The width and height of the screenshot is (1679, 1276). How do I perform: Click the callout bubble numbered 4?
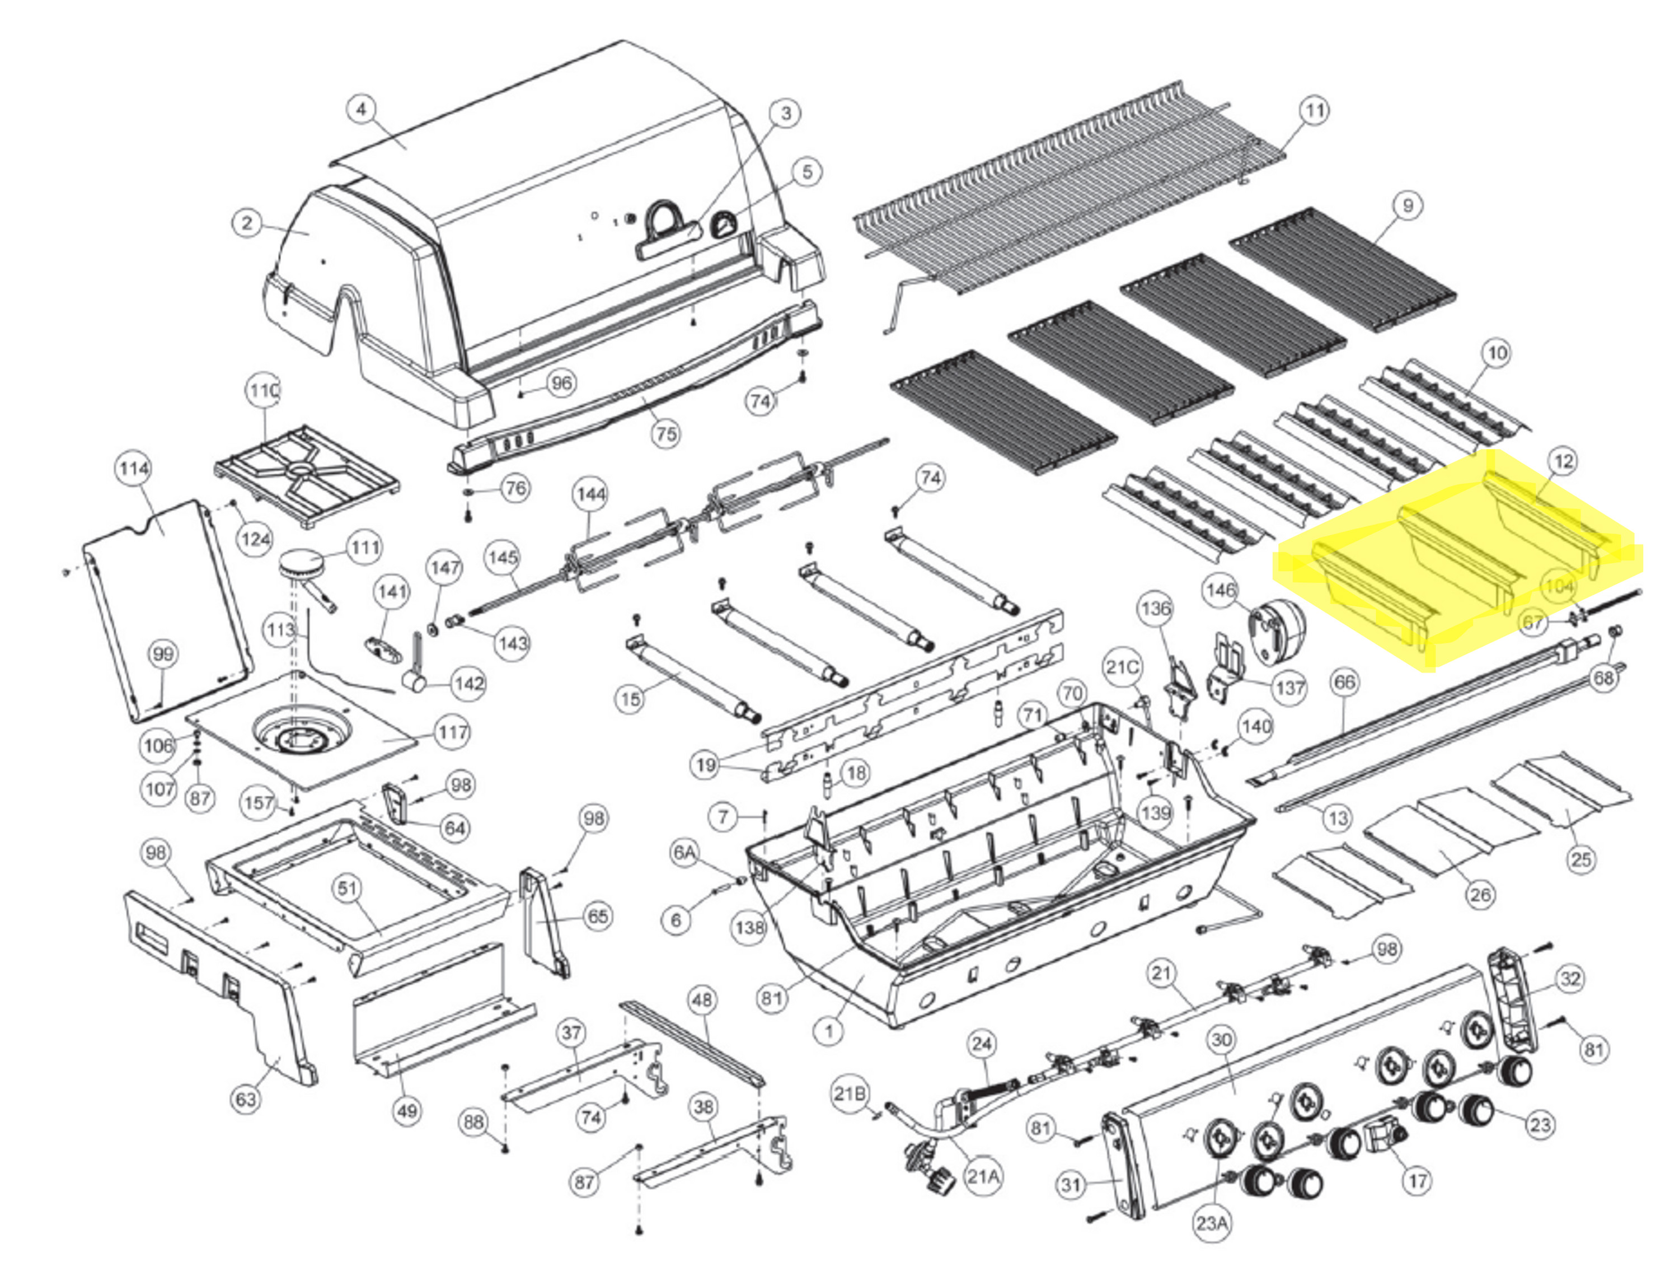point(362,109)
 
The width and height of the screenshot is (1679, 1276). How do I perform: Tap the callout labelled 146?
point(1221,590)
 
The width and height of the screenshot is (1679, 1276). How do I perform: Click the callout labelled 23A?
point(1212,1223)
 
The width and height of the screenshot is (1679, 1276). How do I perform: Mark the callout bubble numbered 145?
point(503,558)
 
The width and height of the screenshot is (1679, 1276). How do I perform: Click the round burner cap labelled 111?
point(301,567)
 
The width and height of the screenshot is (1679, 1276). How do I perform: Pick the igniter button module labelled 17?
point(1383,1137)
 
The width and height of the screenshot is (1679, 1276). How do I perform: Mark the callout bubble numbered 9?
point(1408,205)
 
